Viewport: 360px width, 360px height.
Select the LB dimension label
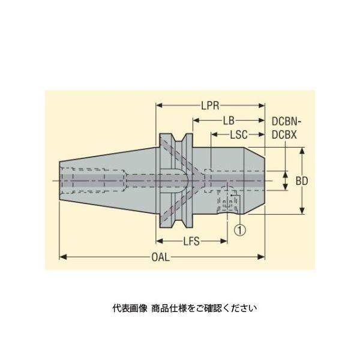[229, 121]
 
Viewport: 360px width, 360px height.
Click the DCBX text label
[284, 136]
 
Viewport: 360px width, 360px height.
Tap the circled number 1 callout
[240, 229]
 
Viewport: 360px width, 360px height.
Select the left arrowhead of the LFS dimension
[159, 242]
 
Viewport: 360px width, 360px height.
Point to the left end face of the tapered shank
[60, 179]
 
